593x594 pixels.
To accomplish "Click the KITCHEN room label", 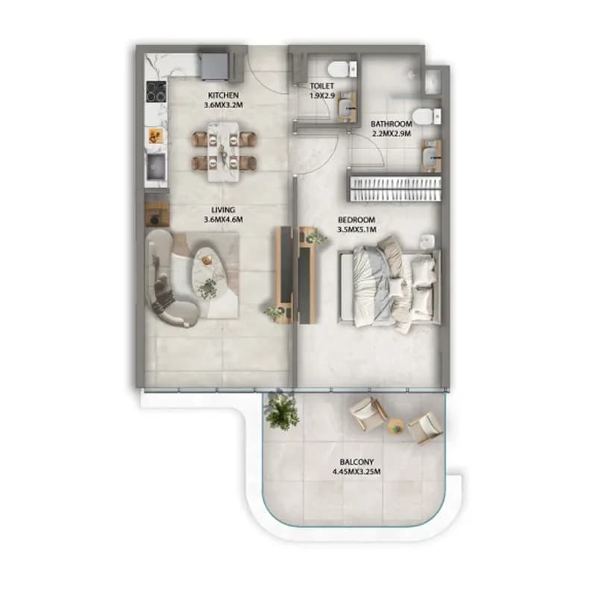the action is [x=223, y=95].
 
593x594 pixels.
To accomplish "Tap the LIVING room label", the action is [x=223, y=210].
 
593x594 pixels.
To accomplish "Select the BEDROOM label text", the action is [x=357, y=220].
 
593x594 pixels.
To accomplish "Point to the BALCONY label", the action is [x=357, y=462].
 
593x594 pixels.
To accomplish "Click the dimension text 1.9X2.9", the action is [x=322, y=96].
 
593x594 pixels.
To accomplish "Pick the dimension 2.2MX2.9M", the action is [x=392, y=133].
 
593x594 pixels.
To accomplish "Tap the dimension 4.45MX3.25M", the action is [x=357, y=472].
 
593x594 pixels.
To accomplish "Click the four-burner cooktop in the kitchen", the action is [x=156, y=91].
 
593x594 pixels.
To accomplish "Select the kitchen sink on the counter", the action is [x=156, y=167].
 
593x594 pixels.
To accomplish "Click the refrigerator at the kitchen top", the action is [x=215, y=66].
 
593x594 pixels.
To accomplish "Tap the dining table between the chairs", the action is [x=224, y=151].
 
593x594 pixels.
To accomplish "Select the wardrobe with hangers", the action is [x=395, y=188].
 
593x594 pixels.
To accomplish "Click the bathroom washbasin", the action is [x=432, y=156].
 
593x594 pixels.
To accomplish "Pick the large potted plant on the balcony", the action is [x=282, y=411].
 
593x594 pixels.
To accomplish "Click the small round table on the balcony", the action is [x=396, y=427].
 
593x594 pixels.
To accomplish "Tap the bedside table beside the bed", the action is [x=427, y=241].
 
